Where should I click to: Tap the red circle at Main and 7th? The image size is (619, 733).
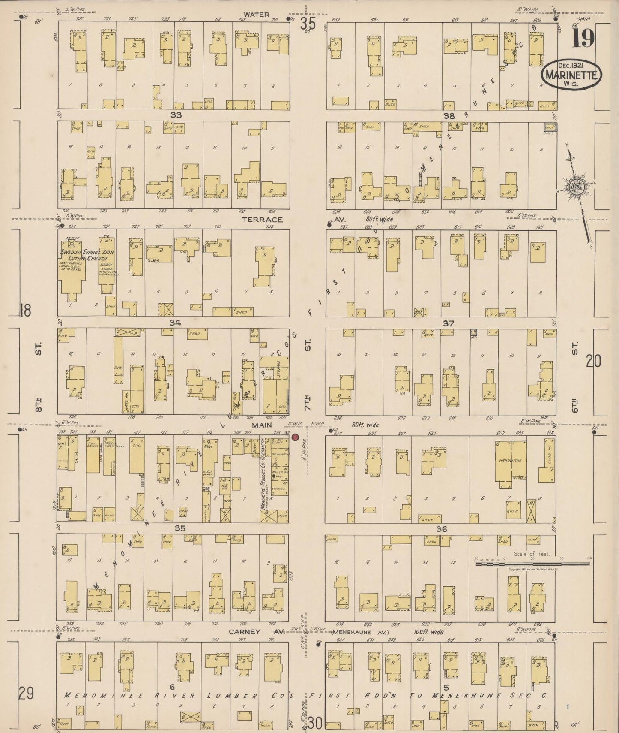[x=295, y=437]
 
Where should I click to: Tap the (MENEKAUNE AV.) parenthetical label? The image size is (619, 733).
[x=360, y=632]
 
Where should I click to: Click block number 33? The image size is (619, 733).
[x=176, y=115]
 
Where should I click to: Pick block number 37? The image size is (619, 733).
[x=448, y=323]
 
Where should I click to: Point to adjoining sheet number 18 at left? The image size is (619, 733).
[x=25, y=310]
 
